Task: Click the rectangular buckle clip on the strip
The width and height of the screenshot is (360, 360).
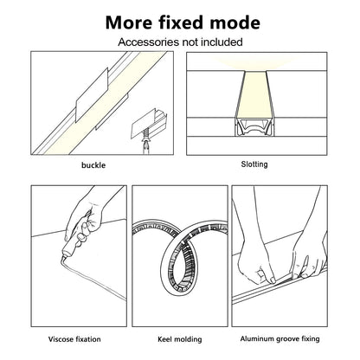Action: point(91,101)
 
